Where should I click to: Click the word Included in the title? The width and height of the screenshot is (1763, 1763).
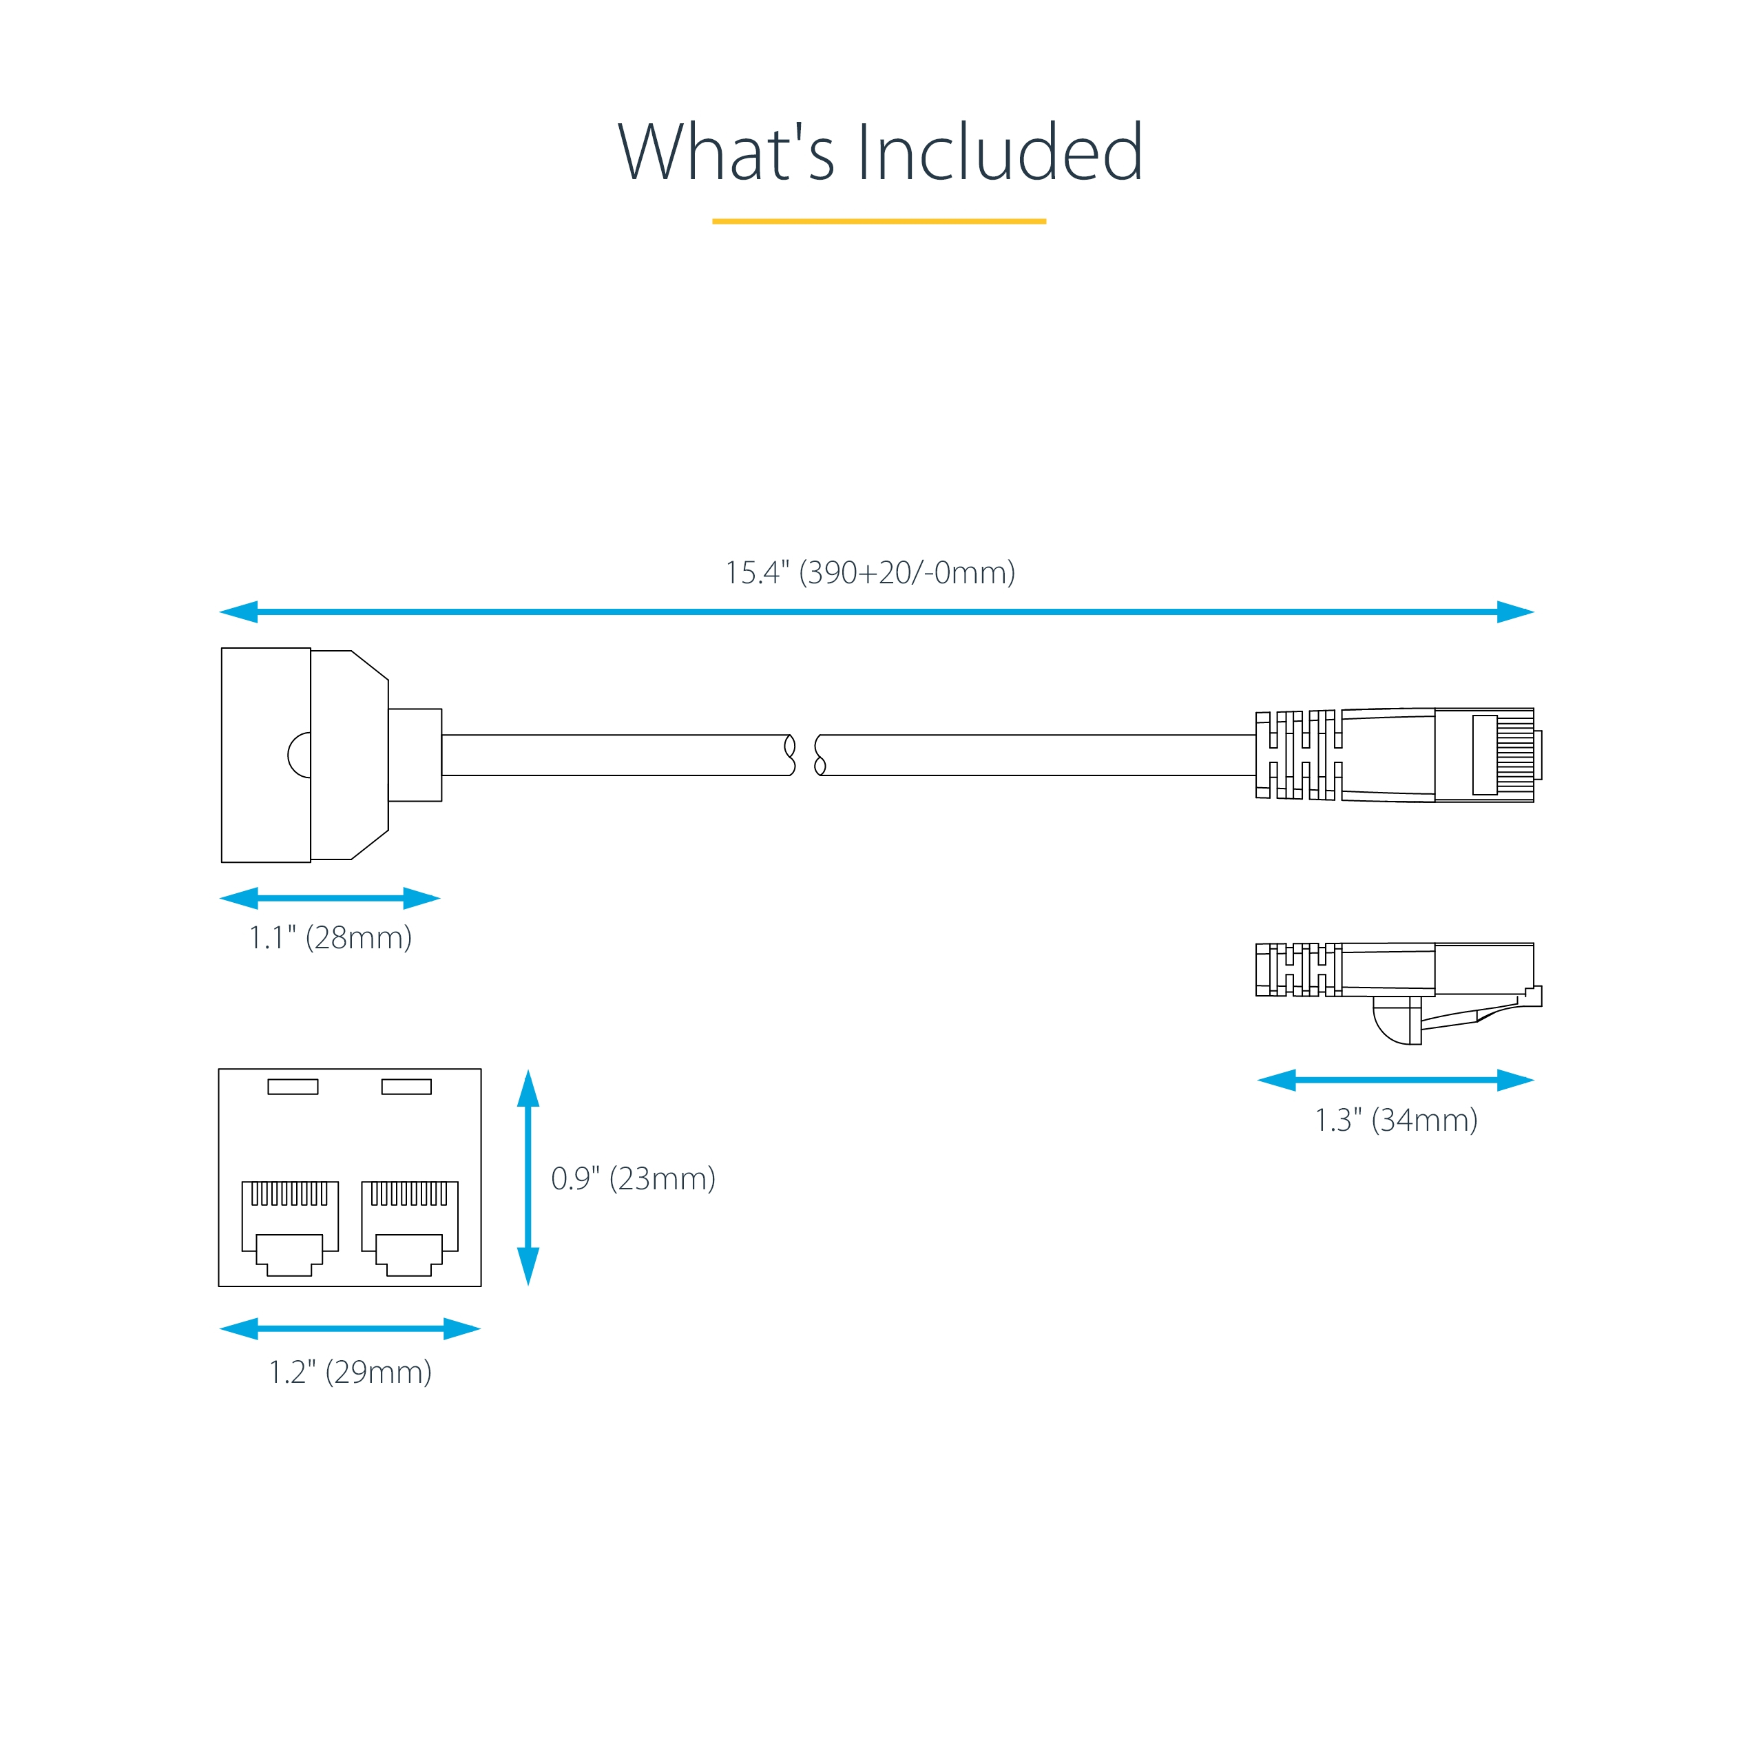tap(999, 152)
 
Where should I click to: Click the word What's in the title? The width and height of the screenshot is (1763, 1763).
tap(725, 152)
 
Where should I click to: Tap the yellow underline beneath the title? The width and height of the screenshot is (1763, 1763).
tap(879, 221)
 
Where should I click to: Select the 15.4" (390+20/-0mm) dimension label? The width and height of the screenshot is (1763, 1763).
tap(870, 572)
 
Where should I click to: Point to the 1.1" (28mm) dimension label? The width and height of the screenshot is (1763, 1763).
tap(331, 937)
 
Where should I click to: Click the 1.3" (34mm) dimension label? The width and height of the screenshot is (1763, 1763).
tap(1395, 1120)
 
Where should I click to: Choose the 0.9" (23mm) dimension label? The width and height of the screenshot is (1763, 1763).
tap(634, 1178)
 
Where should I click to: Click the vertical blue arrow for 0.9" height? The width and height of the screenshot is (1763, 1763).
tap(528, 1177)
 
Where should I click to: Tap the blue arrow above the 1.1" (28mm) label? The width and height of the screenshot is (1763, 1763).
tap(331, 898)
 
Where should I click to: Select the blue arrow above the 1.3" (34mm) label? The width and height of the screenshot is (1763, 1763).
tap(1395, 1081)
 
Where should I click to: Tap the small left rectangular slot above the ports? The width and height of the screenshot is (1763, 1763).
tap(293, 1087)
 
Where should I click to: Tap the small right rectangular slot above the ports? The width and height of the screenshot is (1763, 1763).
tap(406, 1087)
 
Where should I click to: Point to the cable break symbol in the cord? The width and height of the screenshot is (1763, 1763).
tap(805, 755)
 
